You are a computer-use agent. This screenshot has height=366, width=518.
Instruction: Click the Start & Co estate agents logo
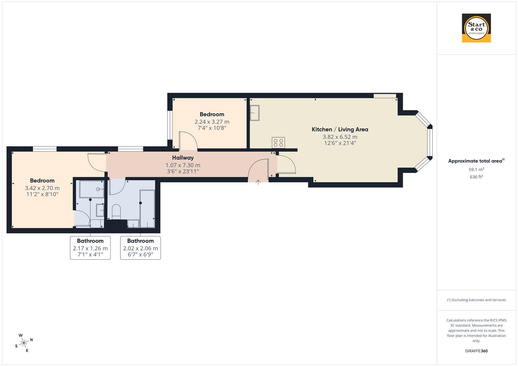(476, 28)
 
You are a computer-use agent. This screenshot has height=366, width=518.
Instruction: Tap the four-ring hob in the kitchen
(278, 143)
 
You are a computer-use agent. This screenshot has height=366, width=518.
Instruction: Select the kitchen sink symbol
(254, 113)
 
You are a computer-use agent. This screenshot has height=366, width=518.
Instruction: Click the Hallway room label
(183, 158)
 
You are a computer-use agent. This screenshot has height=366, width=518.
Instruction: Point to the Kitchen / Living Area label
(340, 129)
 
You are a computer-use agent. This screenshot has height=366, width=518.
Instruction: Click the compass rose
(24, 343)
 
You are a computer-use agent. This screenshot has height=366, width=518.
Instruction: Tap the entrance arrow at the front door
(258, 182)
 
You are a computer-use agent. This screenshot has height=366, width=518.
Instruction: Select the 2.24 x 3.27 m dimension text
(212, 122)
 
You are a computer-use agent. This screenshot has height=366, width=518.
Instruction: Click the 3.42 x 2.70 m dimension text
(42, 188)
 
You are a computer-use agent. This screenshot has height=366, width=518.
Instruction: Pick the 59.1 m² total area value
(476, 169)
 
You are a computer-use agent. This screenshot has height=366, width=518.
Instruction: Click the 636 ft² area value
(476, 177)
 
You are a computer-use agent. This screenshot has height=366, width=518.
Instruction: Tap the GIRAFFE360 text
(476, 351)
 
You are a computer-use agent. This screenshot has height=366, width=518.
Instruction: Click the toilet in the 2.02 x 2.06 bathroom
(116, 211)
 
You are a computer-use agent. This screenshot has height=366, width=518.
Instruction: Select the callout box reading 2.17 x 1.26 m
(90, 248)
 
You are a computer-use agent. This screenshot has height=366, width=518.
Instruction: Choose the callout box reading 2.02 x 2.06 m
(140, 248)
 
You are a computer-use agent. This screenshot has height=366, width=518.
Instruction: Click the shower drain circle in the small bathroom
(98, 189)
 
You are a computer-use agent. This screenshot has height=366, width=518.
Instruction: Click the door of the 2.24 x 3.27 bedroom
(188, 141)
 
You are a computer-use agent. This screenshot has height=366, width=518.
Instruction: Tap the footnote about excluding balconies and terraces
(476, 300)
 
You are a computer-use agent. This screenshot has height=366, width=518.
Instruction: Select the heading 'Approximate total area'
(476, 161)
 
